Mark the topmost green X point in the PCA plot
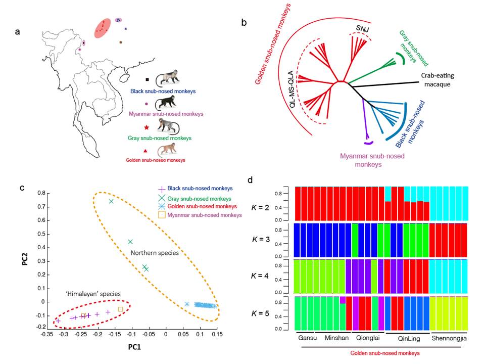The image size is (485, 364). point(111,201)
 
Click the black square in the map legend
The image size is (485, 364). point(147,79)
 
